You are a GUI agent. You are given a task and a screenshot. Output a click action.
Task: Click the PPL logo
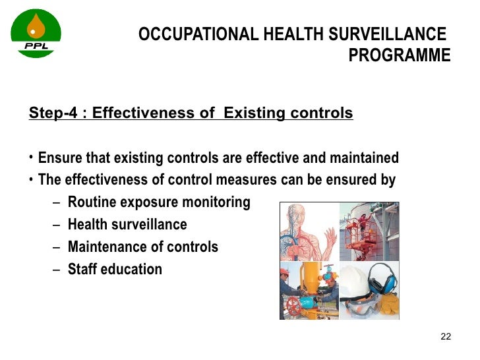[x=36, y=33]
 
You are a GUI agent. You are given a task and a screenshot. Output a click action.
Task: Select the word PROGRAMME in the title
[x=399, y=55]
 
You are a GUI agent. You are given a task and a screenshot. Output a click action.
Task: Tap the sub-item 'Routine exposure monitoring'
[x=158, y=202]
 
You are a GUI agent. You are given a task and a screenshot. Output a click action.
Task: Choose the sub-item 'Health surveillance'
[x=127, y=225]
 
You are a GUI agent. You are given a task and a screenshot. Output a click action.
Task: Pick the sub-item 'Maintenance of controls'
[x=142, y=247]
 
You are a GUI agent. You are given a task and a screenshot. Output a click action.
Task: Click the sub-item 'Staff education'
[x=115, y=269]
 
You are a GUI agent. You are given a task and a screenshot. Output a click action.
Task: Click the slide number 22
[x=445, y=338]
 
